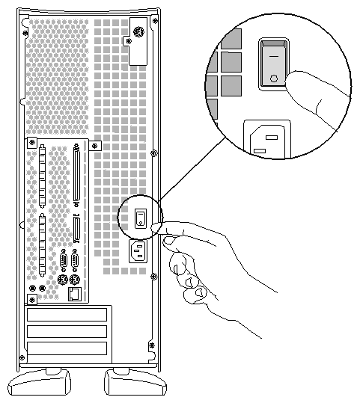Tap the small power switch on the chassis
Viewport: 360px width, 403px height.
coord(140,218)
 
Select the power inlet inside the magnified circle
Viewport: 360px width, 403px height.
coord(267,140)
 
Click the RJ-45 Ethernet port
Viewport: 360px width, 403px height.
coord(75,295)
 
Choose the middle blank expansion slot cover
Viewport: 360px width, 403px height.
coord(67,331)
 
